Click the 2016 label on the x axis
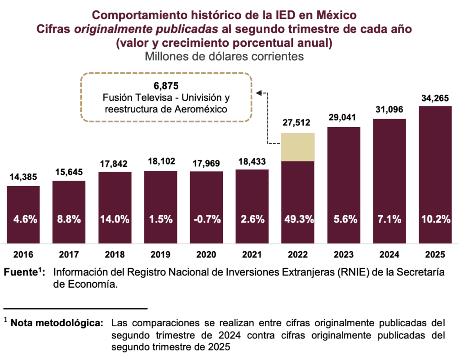click(23, 255)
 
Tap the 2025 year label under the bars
click(435, 255)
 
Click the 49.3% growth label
click(298, 219)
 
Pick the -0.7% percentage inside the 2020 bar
click(206, 219)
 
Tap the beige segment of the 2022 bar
click(298, 147)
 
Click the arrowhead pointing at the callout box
click(259, 93)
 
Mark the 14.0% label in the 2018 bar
click(115, 219)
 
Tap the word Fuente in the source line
click(20, 273)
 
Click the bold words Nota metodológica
click(57, 323)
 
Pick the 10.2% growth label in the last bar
click(435, 219)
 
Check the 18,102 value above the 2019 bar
click(160, 161)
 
